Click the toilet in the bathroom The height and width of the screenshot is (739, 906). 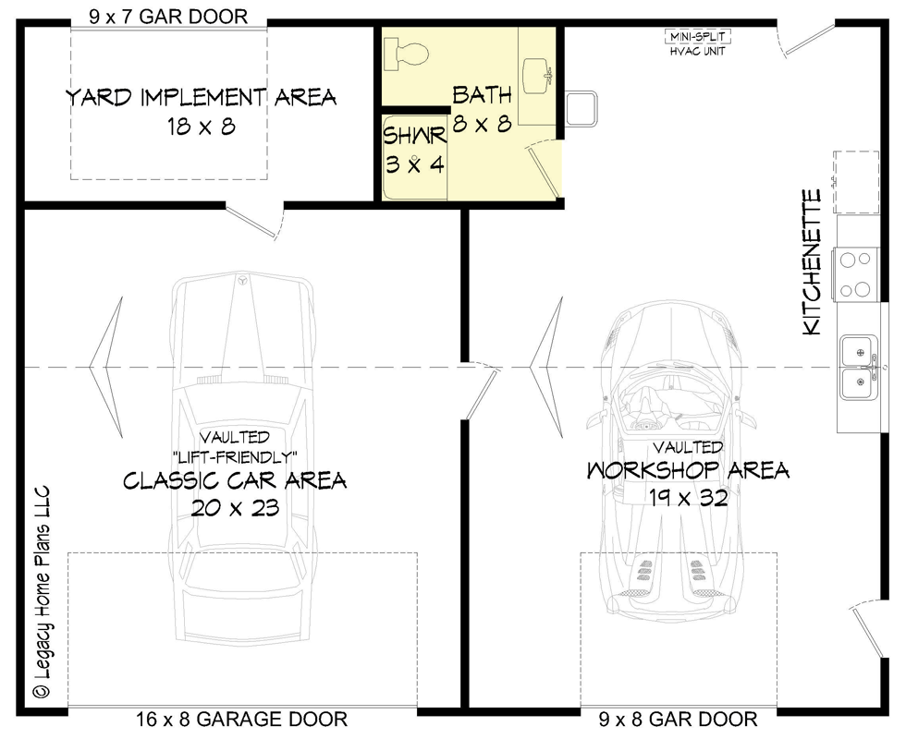pos(406,54)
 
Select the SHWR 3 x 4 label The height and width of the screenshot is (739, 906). pos(416,150)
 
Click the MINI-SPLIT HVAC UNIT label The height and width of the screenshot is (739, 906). pos(698,43)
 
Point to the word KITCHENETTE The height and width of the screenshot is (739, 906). pos(812,262)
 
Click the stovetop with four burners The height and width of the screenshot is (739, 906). pos(855,274)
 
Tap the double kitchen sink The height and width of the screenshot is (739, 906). pos(859,367)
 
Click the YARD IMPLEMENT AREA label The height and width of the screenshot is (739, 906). pos(201,97)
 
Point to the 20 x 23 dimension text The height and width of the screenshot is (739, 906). pos(235,507)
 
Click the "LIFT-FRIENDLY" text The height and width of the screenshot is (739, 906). pos(235,456)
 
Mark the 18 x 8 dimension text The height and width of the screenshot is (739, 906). pos(199,127)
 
